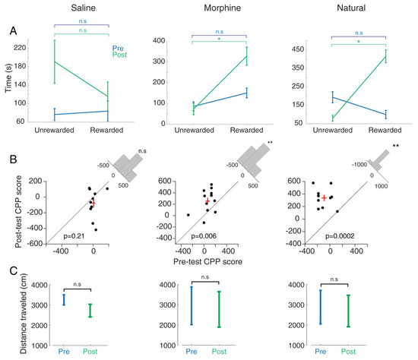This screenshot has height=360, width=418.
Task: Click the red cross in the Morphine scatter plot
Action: click(x=207, y=201)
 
